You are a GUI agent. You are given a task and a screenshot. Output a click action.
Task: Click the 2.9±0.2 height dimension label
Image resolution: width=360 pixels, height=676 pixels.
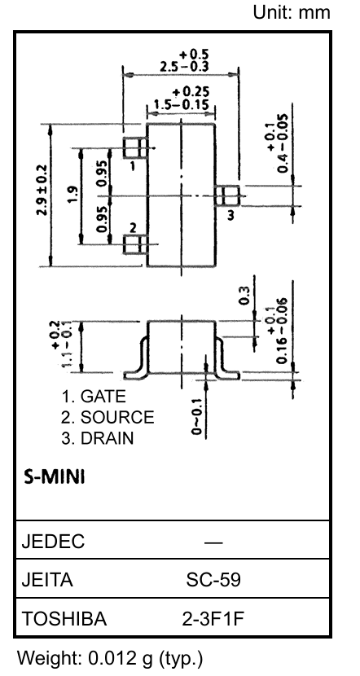42,190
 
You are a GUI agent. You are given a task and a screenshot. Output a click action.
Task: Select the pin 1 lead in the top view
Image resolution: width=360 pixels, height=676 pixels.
135,148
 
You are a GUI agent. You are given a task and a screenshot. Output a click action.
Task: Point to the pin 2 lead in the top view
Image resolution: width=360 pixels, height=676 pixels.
135,244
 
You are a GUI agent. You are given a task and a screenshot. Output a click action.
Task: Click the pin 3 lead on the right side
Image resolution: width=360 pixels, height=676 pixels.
227,196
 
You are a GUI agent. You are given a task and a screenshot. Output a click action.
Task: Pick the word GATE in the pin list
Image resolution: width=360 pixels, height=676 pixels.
103,396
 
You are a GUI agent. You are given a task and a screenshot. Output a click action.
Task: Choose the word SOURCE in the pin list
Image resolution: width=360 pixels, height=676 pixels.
117,417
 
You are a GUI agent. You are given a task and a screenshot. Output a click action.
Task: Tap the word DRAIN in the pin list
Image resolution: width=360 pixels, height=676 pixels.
107,438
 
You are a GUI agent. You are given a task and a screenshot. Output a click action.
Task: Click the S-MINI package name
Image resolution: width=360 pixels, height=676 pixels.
55,477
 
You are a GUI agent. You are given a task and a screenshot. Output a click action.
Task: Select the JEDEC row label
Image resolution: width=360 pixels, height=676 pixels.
53,542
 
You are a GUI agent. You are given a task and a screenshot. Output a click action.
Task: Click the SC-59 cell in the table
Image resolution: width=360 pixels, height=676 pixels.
213,580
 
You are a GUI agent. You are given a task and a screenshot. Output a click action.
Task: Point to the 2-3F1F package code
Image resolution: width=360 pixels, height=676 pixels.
213,620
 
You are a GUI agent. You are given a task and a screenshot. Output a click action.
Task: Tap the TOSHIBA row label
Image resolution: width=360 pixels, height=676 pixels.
64,620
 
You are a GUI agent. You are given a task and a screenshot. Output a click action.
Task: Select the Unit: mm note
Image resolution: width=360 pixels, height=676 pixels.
292,12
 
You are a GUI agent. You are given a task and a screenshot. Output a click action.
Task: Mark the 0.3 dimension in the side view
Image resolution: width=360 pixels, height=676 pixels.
244,296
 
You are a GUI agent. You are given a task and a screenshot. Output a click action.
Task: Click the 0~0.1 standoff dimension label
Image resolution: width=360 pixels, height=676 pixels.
197,419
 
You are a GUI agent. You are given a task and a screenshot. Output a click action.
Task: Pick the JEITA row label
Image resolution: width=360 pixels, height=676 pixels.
47,580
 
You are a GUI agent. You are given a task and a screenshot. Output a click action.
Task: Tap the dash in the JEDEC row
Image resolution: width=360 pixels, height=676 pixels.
213,542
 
